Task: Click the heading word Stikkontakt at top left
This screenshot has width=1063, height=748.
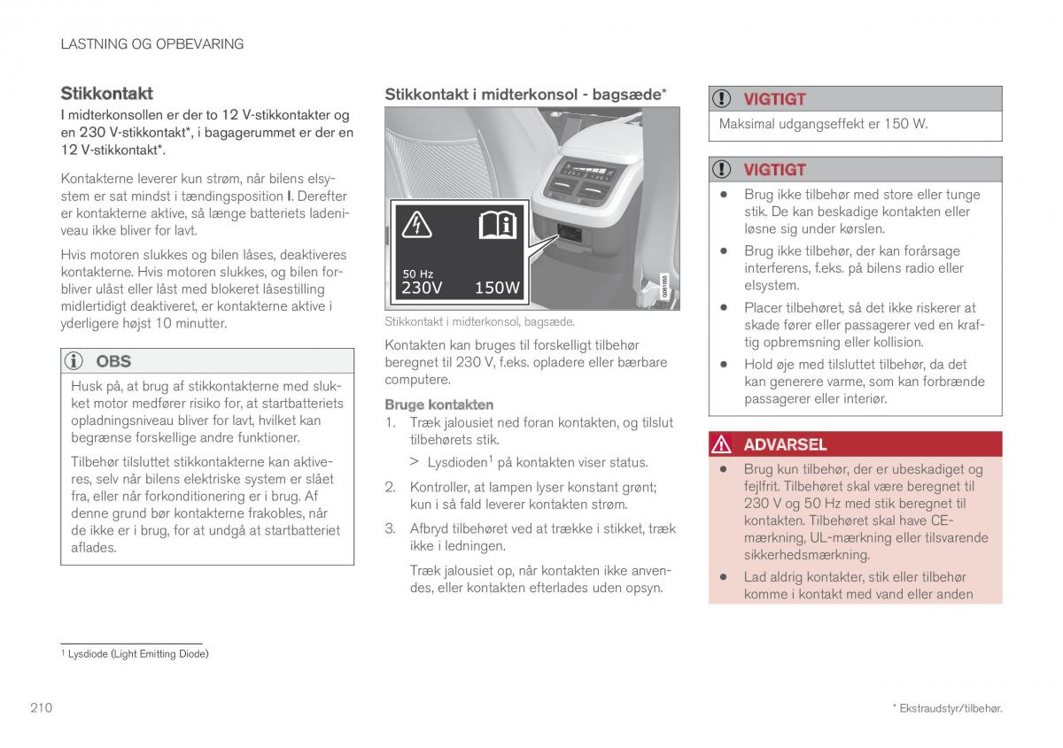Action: (x=106, y=93)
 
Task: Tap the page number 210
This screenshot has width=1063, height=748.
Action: (x=40, y=707)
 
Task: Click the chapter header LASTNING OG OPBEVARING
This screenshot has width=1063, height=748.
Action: (x=151, y=43)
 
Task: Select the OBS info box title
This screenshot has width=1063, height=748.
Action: (x=113, y=361)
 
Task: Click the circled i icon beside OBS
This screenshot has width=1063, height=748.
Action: (x=76, y=361)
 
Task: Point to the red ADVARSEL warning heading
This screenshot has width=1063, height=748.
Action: (x=785, y=444)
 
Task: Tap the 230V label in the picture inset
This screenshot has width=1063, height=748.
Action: (x=422, y=288)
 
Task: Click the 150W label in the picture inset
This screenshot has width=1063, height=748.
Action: (x=497, y=288)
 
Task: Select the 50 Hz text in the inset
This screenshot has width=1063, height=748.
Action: (x=417, y=274)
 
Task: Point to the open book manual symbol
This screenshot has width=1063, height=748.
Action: (x=497, y=226)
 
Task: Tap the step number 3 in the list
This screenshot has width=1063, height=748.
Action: (x=389, y=528)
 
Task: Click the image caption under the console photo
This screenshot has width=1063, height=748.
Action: (x=479, y=322)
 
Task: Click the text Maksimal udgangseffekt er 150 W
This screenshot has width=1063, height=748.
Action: (x=823, y=124)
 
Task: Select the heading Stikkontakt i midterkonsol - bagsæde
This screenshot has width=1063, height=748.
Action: (x=524, y=93)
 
